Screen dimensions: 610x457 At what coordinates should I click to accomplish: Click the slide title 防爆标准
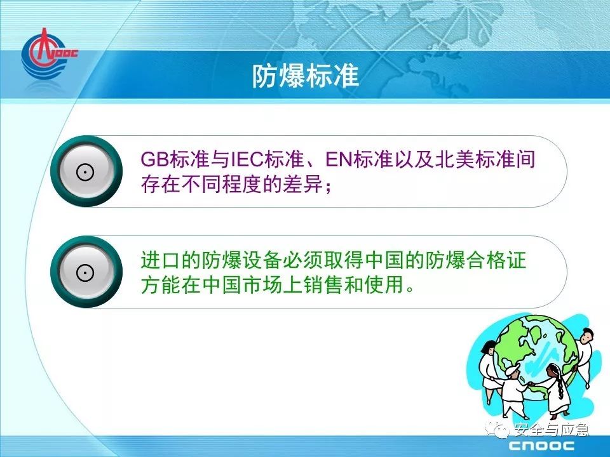(306, 76)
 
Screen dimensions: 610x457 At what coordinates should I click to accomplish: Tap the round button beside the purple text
(86, 171)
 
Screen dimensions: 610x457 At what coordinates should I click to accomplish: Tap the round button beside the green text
(86, 272)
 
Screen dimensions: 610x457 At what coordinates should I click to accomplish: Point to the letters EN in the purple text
(339, 159)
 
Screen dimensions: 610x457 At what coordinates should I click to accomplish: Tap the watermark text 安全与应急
(552, 430)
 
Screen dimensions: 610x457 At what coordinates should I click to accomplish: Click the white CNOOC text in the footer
(541, 446)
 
